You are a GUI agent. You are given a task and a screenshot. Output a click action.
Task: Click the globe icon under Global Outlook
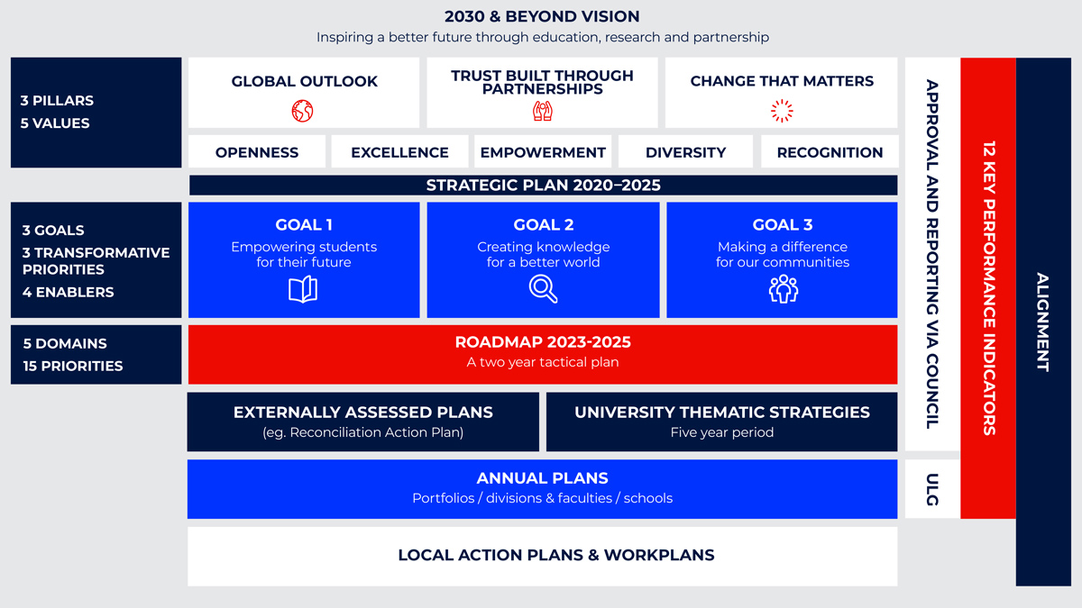302,111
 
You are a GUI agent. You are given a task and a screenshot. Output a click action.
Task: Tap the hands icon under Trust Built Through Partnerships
543,111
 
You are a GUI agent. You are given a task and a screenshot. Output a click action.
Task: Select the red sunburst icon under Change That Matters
782,111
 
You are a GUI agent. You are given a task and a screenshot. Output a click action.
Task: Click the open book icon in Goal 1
303,289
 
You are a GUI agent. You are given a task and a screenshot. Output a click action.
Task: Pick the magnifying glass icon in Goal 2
543,288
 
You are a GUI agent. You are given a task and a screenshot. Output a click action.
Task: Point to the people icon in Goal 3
783,288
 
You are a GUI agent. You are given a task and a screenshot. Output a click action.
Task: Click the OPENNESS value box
256,151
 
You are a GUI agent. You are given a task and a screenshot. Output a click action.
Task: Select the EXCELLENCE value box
399,151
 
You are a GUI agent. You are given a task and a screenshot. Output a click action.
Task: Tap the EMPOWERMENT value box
543,151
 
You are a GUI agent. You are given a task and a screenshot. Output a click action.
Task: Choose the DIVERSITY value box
685,151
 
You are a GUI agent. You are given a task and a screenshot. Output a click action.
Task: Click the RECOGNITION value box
830,151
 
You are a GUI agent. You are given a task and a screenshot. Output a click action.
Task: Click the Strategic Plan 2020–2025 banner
544,186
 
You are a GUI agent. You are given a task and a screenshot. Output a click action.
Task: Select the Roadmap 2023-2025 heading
543,342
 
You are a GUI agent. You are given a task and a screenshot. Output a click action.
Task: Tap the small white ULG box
931,489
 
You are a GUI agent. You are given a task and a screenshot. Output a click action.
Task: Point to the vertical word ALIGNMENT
1043,322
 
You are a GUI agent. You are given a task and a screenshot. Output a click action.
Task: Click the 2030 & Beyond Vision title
542,16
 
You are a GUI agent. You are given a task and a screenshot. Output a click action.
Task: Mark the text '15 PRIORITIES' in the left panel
73,366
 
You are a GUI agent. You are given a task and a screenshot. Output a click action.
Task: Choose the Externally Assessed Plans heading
362,413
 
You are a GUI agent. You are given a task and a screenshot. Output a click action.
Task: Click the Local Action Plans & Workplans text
556,555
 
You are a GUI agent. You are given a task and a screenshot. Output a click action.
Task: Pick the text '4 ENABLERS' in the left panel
69,292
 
